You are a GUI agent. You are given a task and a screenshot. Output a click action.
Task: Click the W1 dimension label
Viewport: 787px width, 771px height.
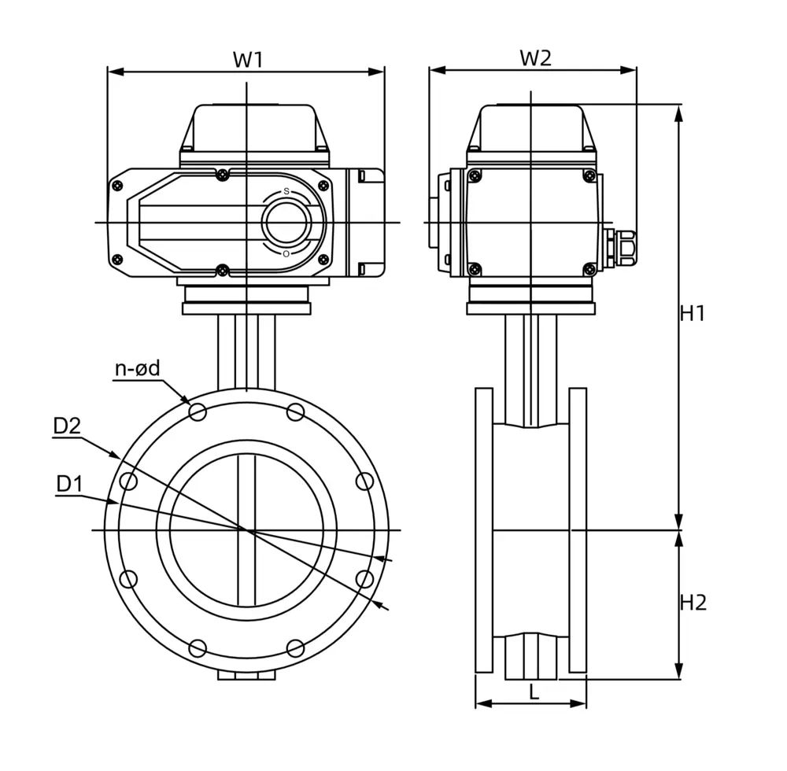click(x=248, y=60)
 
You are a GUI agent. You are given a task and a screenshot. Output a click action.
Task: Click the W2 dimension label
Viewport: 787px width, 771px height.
click(x=535, y=58)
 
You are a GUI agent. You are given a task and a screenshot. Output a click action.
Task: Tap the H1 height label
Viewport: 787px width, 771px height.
click(x=693, y=313)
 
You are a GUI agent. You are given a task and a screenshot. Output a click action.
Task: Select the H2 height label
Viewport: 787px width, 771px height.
click(x=693, y=602)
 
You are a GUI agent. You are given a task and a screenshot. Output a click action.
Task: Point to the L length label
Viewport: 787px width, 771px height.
click(x=534, y=692)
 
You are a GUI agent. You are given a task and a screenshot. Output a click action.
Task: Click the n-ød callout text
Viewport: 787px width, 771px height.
click(x=138, y=368)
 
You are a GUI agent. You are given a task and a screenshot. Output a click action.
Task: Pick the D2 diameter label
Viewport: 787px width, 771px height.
click(x=67, y=426)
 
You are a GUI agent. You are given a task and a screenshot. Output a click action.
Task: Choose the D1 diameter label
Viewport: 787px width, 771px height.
click(x=69, y=484)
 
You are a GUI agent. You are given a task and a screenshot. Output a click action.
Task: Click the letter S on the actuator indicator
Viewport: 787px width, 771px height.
click(x=286, y=191)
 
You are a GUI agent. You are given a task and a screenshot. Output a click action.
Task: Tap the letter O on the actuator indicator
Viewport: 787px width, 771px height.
click(x=286, y=254)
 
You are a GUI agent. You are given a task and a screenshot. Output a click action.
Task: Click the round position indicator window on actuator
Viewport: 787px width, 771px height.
click(x=286, y=223)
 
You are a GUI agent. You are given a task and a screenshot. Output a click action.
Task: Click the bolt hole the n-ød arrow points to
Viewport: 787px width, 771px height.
click(x=198, y=412)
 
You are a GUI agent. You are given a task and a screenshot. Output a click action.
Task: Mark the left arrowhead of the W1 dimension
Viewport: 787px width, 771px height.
click(x=116, y=72)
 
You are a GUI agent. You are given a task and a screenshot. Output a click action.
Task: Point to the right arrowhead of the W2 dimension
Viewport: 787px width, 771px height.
click(x=628, y=70)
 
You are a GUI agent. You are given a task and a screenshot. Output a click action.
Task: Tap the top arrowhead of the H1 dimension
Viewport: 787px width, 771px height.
click(x=678, y=113)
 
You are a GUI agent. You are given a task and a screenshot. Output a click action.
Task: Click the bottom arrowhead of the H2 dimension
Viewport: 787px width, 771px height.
click(x=678, y=671)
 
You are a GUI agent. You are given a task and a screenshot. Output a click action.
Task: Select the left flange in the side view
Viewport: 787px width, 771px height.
click(x=484, y=529)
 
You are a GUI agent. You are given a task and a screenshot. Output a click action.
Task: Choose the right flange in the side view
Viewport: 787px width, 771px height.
click(x=578, y=529)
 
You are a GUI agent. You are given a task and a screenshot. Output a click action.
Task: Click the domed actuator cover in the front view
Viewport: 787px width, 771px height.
click(x=254, y=128)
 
